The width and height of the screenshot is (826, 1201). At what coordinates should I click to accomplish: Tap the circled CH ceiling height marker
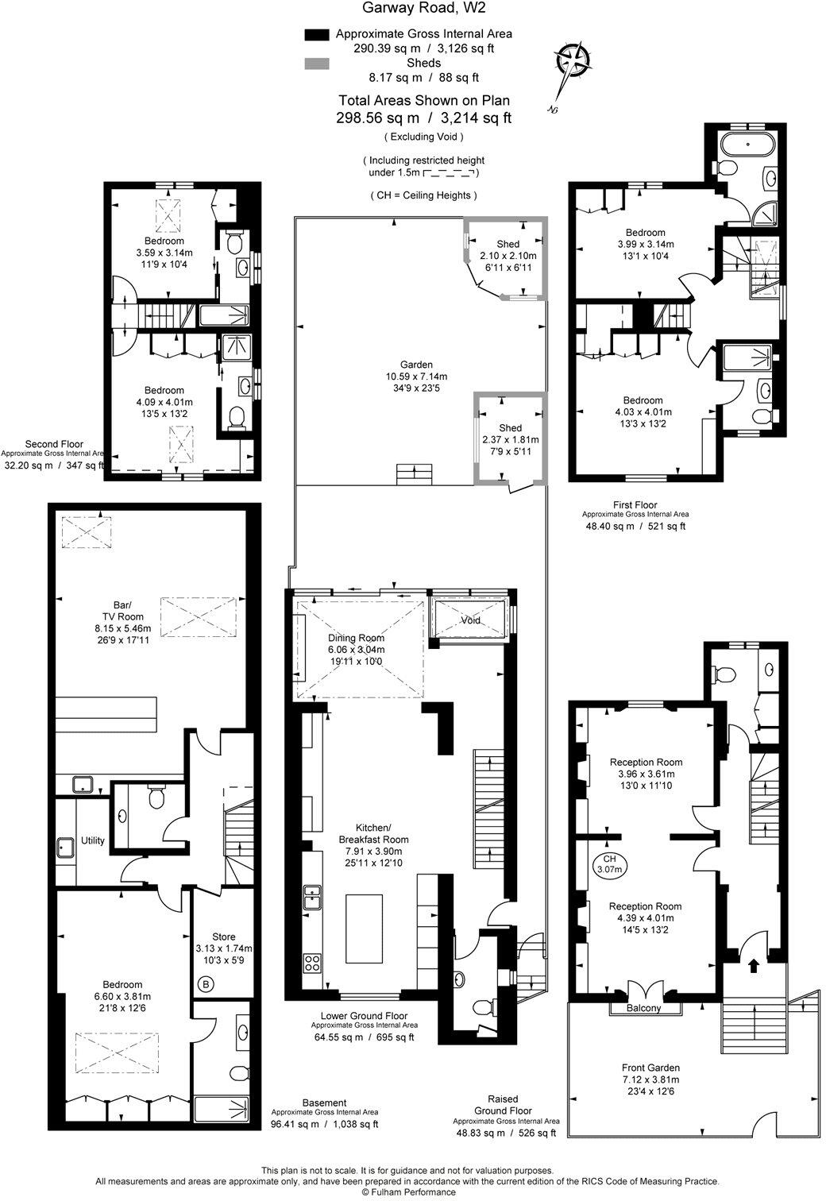pos(609,863)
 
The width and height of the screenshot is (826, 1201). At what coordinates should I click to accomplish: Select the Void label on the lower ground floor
pos(471,620)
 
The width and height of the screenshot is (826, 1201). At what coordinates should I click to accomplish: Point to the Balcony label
pos(644,1008)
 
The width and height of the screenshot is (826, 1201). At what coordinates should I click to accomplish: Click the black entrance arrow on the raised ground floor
pos(753,966)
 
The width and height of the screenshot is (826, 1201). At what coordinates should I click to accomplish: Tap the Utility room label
pos(93,840)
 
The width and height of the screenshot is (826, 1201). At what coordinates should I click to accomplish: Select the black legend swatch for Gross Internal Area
pos(316,35)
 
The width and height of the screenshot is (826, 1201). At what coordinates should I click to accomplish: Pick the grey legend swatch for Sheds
pos(316,64)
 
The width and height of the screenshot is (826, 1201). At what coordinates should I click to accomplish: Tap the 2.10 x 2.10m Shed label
pos(508,255)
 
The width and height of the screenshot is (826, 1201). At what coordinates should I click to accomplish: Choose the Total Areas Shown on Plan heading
pos(424,100)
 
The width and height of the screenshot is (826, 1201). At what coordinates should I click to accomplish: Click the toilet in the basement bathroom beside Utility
pos(156,797)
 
